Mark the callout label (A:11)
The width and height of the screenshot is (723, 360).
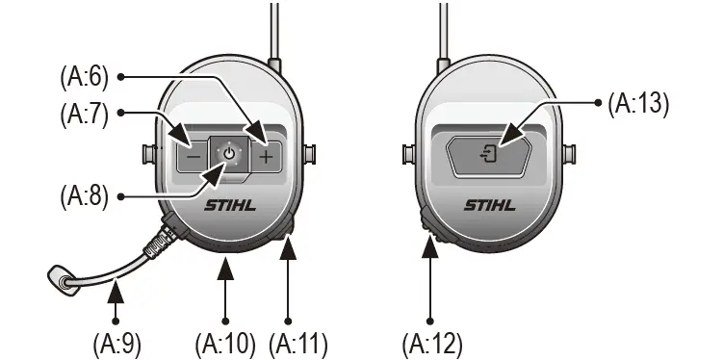pyautogui.click(x=297, y=342)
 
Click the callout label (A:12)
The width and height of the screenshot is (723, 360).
pyautogui.click(x=432, y=342)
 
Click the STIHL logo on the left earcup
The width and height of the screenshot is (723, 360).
pyautogui.click(x=230, y=204)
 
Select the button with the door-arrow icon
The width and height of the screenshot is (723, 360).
pyautogui.click(x=490, y=153)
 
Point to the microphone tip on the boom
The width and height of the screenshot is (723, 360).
pyautogui.click(x=61, y=280)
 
